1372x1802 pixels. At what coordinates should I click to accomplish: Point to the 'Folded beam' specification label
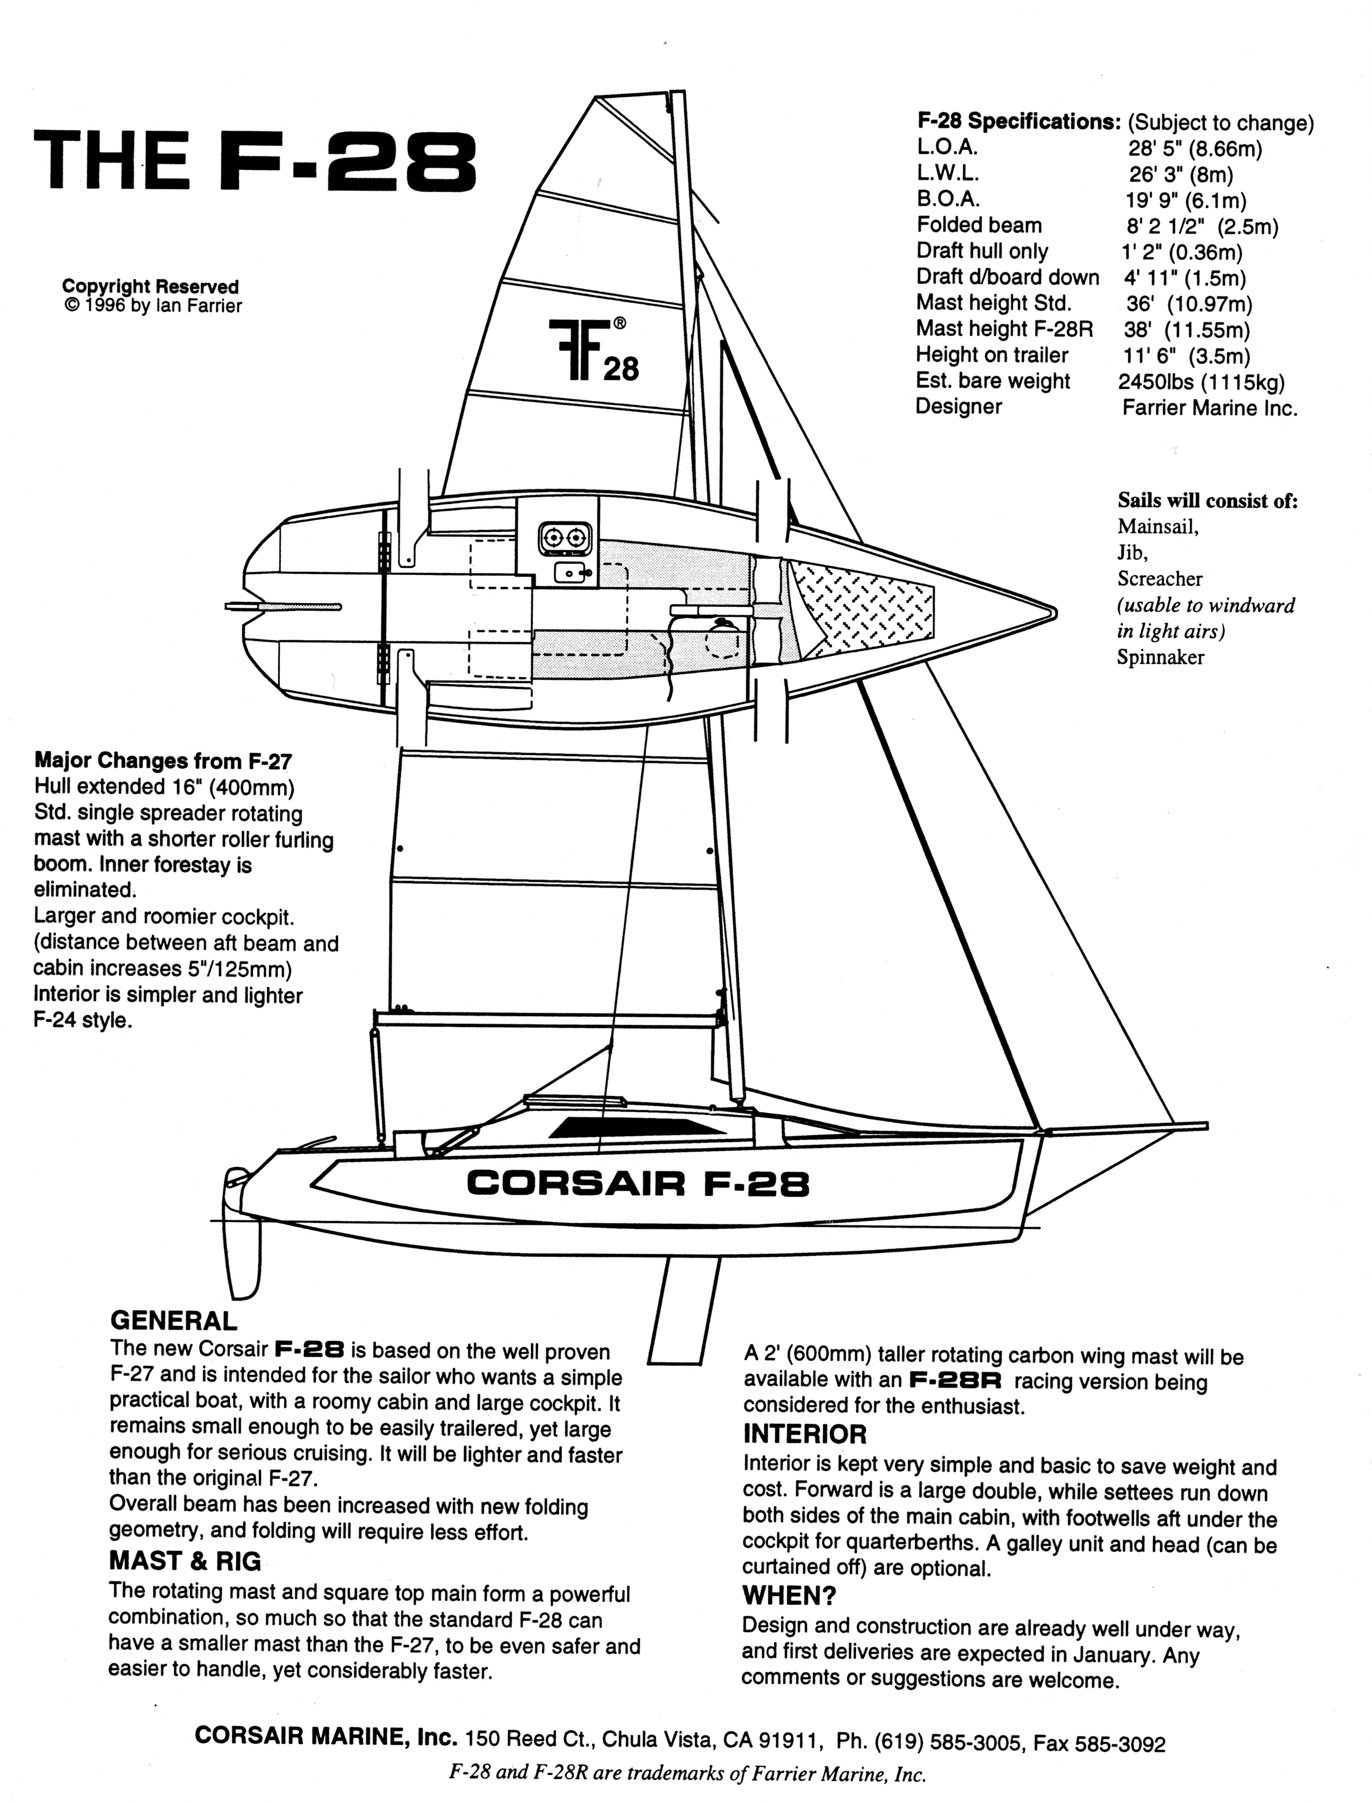979,225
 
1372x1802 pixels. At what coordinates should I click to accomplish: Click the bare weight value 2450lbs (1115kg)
1201,381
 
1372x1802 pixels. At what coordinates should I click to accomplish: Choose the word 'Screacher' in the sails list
1160,579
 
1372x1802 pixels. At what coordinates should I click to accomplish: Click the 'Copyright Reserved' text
150,287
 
